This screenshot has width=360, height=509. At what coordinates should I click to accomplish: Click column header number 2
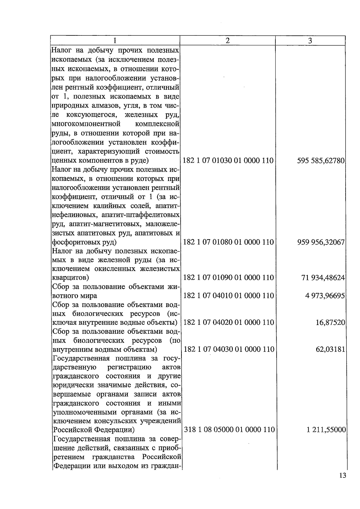coord(227,41)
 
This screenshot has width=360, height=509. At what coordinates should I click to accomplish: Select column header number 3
coord(310,41)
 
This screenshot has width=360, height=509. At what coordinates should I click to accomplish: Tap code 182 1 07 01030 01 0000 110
coord(228,161)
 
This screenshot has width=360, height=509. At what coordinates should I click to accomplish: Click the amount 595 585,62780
coord(321,161)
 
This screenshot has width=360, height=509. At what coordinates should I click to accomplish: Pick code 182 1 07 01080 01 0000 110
coord(228,242)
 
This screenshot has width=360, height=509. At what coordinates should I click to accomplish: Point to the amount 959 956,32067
coord(321,242)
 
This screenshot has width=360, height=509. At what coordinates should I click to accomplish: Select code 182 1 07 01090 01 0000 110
coord(228,278)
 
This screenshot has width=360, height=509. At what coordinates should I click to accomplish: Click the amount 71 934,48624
coord(323,278)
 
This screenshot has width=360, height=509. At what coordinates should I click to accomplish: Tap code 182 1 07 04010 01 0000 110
coord(228,296)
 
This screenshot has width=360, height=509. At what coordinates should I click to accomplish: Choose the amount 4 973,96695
coord(325,296)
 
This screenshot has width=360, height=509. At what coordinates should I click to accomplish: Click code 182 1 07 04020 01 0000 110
coord(228,322)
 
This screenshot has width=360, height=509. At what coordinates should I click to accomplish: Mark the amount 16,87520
coord(330,322)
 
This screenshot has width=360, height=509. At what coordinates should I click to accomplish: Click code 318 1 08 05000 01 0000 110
coord(229,430)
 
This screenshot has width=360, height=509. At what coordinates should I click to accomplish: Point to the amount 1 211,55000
coord(326,430)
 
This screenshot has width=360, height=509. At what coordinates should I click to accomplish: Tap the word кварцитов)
coord(70,278)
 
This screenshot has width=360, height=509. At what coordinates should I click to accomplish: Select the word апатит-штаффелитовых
coord(140,215)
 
